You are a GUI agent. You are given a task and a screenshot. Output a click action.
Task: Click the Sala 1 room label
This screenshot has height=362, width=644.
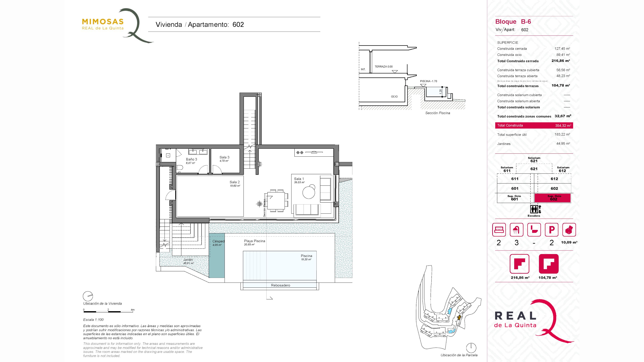299,179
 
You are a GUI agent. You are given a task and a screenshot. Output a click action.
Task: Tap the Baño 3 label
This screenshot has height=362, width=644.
192,159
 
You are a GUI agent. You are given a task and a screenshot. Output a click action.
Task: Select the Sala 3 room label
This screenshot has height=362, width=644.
225,157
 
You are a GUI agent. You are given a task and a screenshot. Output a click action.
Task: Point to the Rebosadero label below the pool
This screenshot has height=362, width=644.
281,285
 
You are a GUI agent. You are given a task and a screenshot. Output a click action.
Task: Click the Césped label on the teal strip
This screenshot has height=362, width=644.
219,241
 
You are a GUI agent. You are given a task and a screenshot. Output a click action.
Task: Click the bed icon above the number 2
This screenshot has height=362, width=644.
499,230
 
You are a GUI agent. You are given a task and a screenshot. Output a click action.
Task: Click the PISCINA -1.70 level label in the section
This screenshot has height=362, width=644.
428,81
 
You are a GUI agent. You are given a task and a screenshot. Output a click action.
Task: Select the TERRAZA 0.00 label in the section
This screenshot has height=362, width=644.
384,67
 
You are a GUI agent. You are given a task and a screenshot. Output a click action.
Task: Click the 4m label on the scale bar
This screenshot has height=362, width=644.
132,310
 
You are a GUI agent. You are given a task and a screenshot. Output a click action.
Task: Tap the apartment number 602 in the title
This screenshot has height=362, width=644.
238,24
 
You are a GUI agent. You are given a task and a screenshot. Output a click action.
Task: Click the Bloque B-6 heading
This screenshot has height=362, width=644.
513,22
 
